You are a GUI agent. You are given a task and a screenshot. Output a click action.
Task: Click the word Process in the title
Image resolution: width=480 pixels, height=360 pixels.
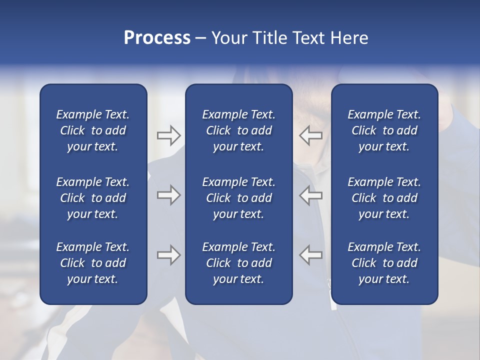(x=157, y=38)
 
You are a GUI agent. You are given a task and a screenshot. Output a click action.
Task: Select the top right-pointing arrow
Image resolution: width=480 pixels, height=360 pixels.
(x=168, y=135)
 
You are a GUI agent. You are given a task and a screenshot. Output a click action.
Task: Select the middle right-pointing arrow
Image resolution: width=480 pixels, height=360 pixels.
(x=168, y=195)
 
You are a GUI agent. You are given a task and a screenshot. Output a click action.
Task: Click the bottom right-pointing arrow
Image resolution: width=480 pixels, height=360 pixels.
(x=168, y=255)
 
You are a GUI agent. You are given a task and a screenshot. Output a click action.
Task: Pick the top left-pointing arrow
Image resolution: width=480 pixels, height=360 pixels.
(x=311, y=135)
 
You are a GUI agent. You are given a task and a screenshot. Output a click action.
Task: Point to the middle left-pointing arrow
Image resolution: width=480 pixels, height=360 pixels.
(x=311, y=195)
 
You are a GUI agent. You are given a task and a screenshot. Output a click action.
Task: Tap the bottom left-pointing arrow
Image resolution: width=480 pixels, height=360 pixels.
(x=311, y=255)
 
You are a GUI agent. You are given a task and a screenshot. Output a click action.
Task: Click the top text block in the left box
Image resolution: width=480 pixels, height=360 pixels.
(x=93, y=130)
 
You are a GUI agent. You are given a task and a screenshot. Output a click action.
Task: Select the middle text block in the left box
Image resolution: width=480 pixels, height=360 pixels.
(x=93, y=198)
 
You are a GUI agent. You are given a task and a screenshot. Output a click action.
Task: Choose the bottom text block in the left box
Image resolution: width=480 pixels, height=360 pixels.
(x=93, y=263)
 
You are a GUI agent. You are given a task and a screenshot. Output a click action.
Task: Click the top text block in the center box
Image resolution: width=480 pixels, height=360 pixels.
(x=238, y=130)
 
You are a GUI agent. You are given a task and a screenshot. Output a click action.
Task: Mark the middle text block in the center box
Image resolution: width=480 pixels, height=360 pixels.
(x=238, y=198)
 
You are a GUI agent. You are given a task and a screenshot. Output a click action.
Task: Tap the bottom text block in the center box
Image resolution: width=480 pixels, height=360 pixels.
(x=238, y=263)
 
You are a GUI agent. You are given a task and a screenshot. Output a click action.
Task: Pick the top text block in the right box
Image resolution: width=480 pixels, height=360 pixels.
(x=384, y=130)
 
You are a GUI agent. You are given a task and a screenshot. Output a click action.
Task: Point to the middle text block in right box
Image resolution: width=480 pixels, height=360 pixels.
(x=384, y=198)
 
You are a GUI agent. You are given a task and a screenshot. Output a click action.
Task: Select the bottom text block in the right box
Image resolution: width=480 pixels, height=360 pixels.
(x=384, y=263)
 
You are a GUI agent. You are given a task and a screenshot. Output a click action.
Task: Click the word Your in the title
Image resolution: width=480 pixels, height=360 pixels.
(x=228, y=38)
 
